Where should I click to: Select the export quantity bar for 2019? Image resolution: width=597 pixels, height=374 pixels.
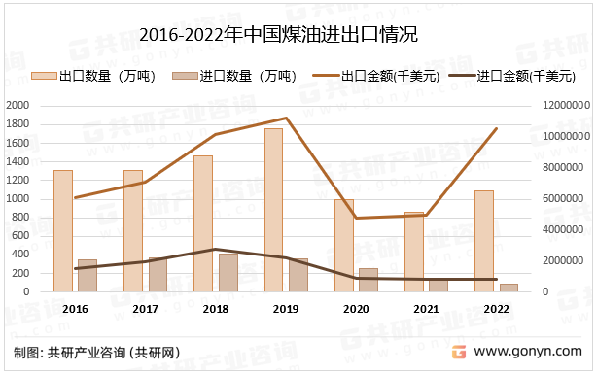273,210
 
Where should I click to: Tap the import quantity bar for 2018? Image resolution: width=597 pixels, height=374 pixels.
228,272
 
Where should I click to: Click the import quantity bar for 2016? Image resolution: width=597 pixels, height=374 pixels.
88,275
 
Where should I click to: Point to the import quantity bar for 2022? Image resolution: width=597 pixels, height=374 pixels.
509,287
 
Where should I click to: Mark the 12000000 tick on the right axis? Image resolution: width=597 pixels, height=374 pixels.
560,105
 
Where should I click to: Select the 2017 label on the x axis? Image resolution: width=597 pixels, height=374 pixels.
146,308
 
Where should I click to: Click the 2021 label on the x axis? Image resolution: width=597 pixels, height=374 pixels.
426,308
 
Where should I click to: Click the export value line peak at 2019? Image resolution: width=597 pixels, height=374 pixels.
286,119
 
